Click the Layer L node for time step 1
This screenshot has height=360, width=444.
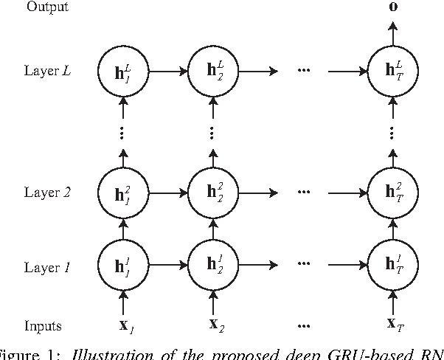[x=122, y=72]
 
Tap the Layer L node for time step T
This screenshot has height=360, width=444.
[x=392, y=72]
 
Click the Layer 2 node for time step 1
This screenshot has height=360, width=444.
[x=122, y=193]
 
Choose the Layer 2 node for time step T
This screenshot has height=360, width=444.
[x=392, y=193]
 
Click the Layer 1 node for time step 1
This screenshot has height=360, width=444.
[x=122, y=263]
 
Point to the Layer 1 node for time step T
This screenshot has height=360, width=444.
[x=392, y=263]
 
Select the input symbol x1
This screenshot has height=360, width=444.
[x=125, y=325]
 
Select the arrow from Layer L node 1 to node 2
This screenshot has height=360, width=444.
[x=167, y=72]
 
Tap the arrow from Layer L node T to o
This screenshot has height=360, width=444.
[x=392, y=34]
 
